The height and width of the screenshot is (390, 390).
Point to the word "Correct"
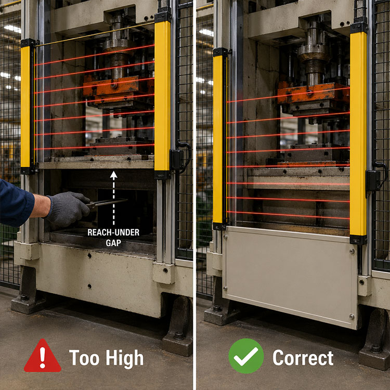(x=303, y=358)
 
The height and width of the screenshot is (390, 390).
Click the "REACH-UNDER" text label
(x=113, y=232)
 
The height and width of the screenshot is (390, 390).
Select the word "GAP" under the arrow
(x=113, y=242)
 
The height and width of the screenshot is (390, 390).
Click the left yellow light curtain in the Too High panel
(x=26, y=107)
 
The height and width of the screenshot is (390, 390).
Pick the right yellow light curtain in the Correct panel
(x=358, y=133)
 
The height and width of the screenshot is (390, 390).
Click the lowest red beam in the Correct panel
(x=289, y=214)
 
